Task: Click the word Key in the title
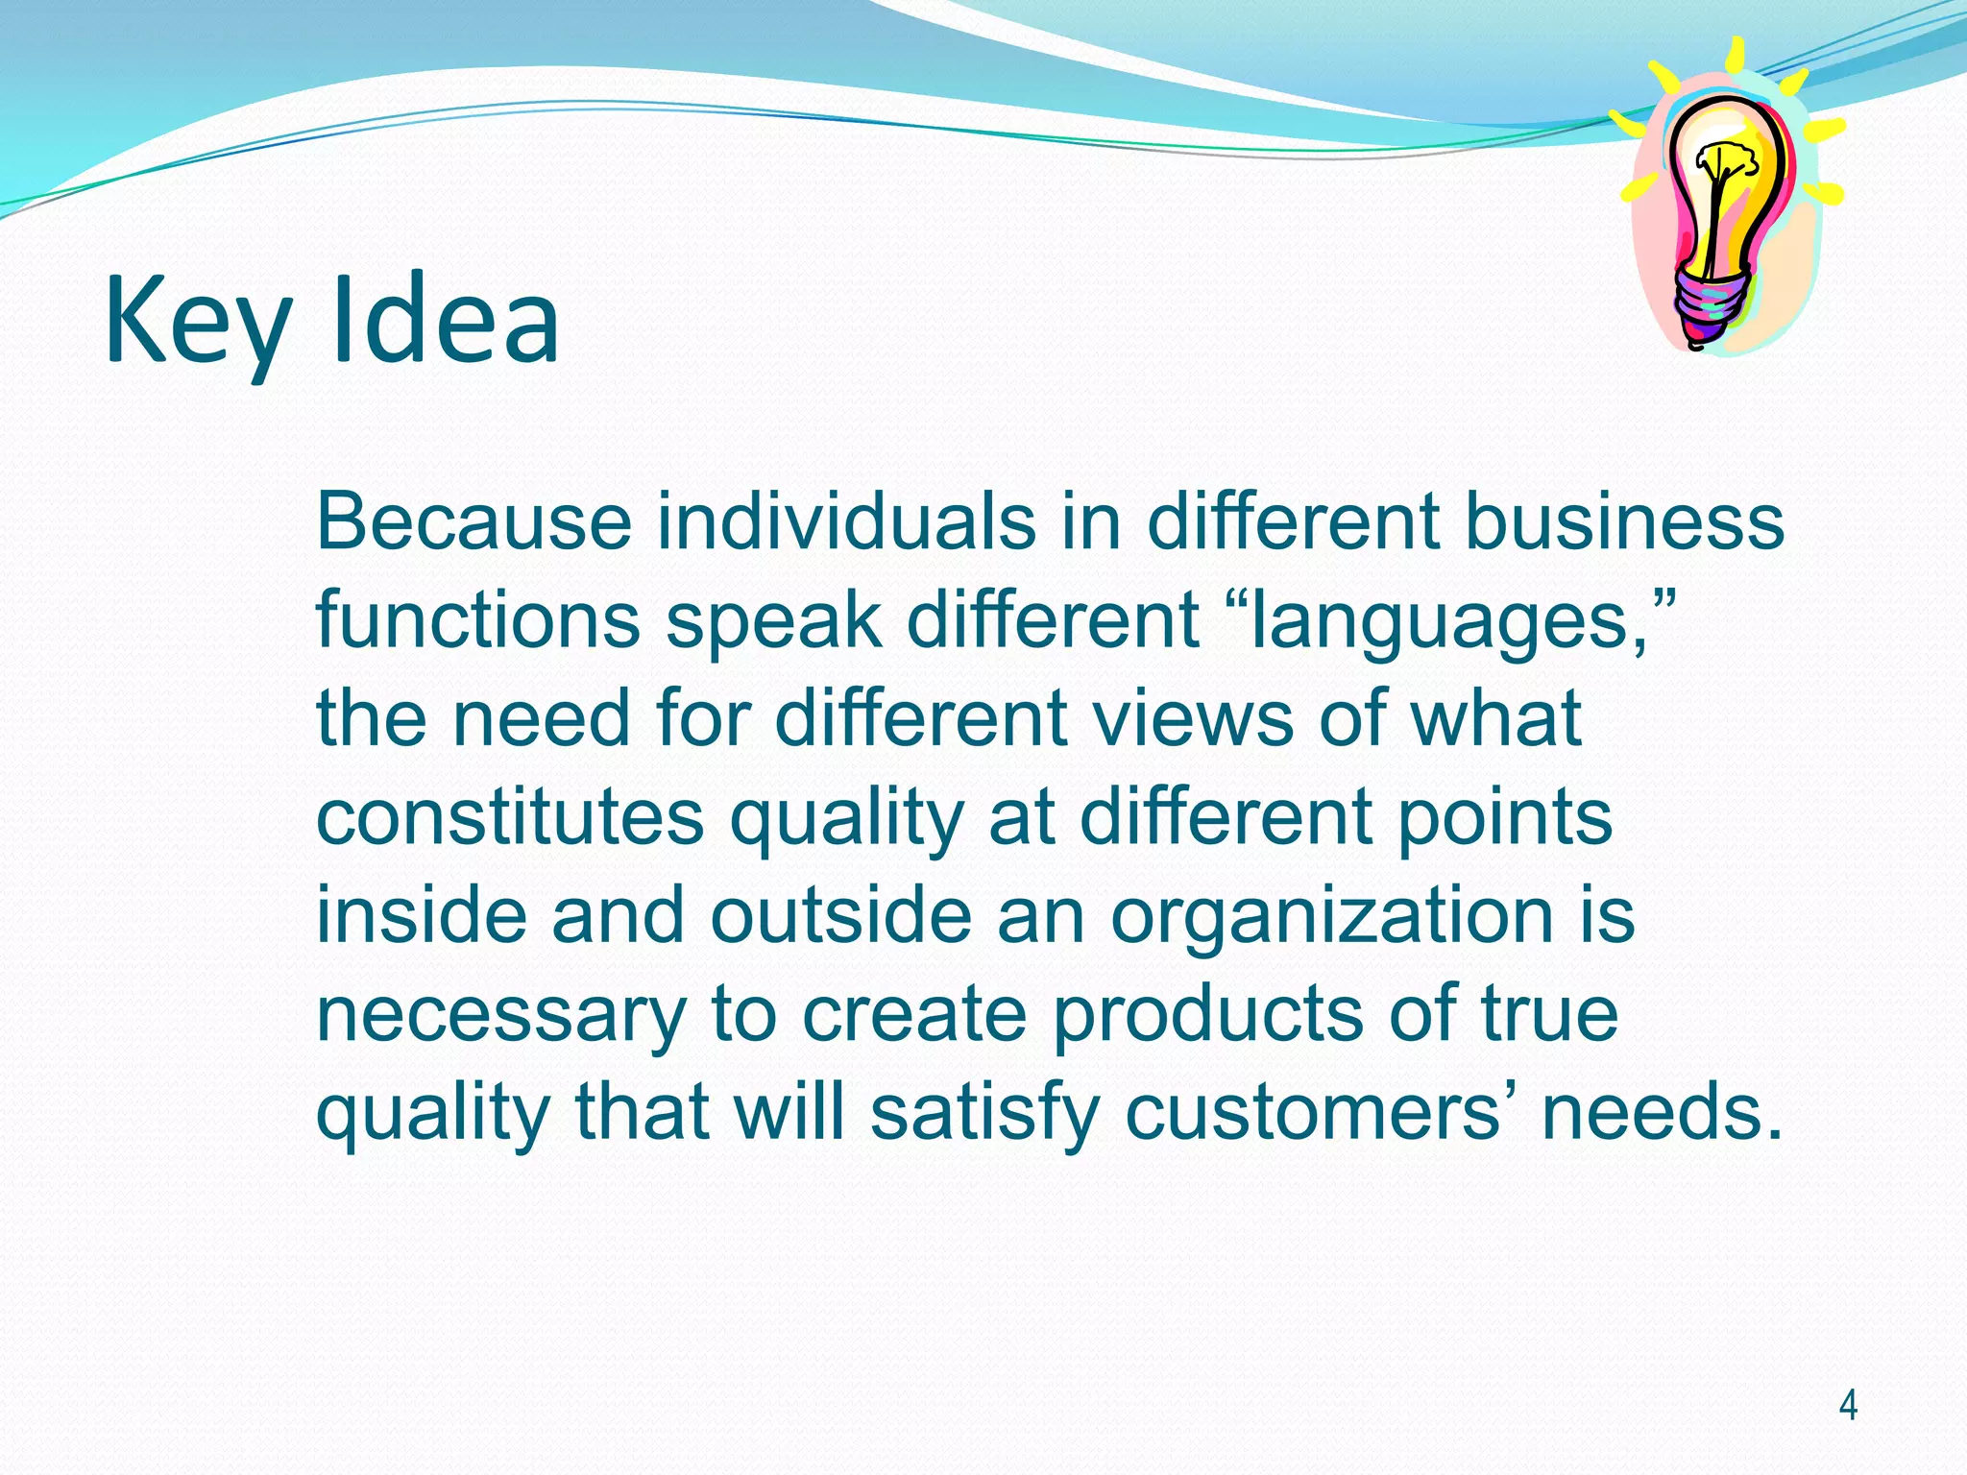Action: pyautogui.click(x=197, y=322)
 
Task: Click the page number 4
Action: pyautogui.click(x=1847, y=1406)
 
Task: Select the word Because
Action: pyautogui.click(x=474, y=521)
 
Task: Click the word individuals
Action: pyautogui.click(x=846, y=521)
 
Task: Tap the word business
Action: pyautogui.click(x=1623, y=521)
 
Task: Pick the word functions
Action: pyautogui.click(x=477, y=619)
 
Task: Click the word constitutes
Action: pyautogui.click(x=510, y=817)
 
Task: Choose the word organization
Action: pyautogui.click(x=1331, y=916)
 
